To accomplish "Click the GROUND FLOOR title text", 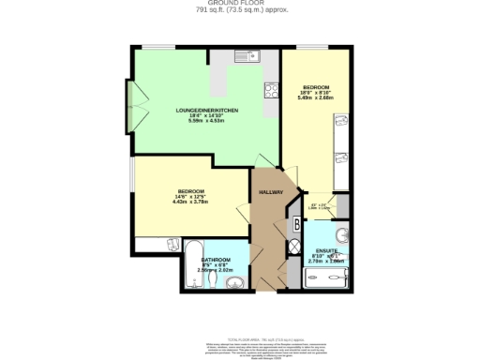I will [x=239, y=4].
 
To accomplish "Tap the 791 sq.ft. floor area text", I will [x=239, y=10].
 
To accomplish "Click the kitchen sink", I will [x=246, y=55].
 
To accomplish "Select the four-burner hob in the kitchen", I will [x=271, y=91].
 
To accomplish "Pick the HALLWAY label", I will [x=272, y=193].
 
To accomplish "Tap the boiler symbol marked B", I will [x=296, y=223].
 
